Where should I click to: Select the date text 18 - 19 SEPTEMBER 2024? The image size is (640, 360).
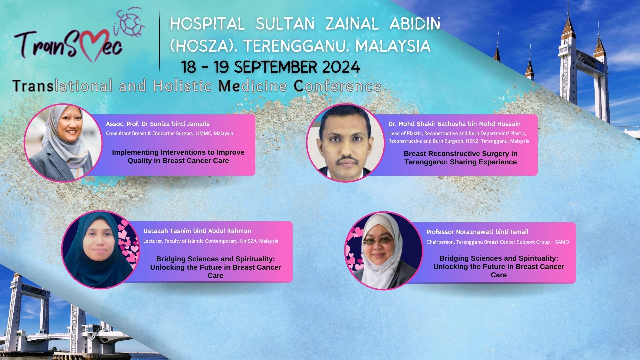click(x=271, y=67)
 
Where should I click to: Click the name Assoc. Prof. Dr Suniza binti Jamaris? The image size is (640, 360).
click(x=158, y=124)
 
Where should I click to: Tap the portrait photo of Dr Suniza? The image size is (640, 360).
click(x=63, y=143)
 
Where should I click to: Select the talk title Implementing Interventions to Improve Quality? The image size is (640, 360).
click(x=178, y=156)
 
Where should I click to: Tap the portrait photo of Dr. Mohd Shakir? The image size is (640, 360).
click(x=346, y=143)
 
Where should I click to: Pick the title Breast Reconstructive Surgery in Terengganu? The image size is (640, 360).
click(x=460, y=158)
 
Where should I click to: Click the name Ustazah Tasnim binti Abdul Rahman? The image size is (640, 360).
click(x=197, y=231)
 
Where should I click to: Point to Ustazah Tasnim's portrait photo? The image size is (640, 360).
click(x=101, y=250)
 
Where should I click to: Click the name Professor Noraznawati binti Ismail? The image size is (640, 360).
click(x=477, y=232)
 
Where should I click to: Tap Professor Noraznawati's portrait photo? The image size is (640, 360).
click(x=384, y=251)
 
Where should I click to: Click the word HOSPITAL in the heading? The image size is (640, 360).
click(x=207, y=24)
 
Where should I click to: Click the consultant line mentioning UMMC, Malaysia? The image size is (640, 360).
click(x=169, y=133)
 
